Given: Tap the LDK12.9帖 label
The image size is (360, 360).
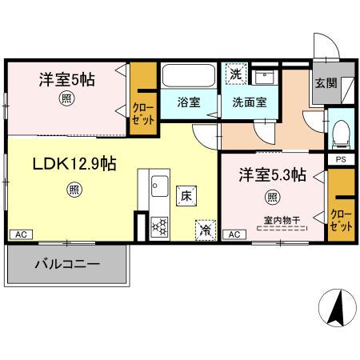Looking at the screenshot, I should (74, 164).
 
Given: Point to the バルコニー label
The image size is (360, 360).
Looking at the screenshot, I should (66, 263).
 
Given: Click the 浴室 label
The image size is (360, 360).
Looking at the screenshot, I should (190, 102).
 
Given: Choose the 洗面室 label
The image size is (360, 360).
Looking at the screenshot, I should (250, 102).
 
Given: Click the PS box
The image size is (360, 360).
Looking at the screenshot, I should (341, 160).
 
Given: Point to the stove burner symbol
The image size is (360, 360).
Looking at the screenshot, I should (158, 226).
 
